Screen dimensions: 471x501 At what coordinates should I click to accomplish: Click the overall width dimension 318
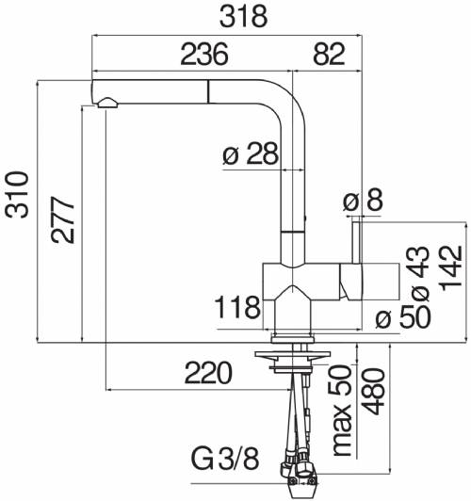click(243, 16)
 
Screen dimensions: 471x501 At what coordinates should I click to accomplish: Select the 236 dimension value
click(204, 55)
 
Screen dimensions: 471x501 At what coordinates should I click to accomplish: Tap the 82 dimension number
click(329, 55)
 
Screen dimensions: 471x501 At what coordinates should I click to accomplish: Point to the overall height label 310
click(17, 195)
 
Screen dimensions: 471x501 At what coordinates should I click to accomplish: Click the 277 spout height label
click(63, 220)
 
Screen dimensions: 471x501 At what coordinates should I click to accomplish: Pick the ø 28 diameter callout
click(251, 154)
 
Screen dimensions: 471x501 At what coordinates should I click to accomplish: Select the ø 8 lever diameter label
click(363, 200)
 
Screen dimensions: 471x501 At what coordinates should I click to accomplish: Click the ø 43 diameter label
click(419, 274)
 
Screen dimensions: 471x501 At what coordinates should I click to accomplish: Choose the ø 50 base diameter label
click(403, 317)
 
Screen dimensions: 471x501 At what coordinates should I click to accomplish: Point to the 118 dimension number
click(237, 307)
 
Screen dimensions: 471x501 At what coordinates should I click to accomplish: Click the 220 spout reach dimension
click(208, 373)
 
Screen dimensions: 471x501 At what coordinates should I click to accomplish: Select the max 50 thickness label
click(342, 411)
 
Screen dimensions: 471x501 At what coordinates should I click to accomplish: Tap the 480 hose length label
click(373, 392)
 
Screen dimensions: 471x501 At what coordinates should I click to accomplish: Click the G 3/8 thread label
click(225, 460)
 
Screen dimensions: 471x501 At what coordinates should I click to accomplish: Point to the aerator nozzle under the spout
click(107, 103)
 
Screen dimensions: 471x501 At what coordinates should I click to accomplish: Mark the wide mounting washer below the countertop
click(292, 354)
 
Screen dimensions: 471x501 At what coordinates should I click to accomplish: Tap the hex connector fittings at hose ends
click(297, 471)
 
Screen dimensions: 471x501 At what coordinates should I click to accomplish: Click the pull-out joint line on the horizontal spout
click(209, 91)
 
